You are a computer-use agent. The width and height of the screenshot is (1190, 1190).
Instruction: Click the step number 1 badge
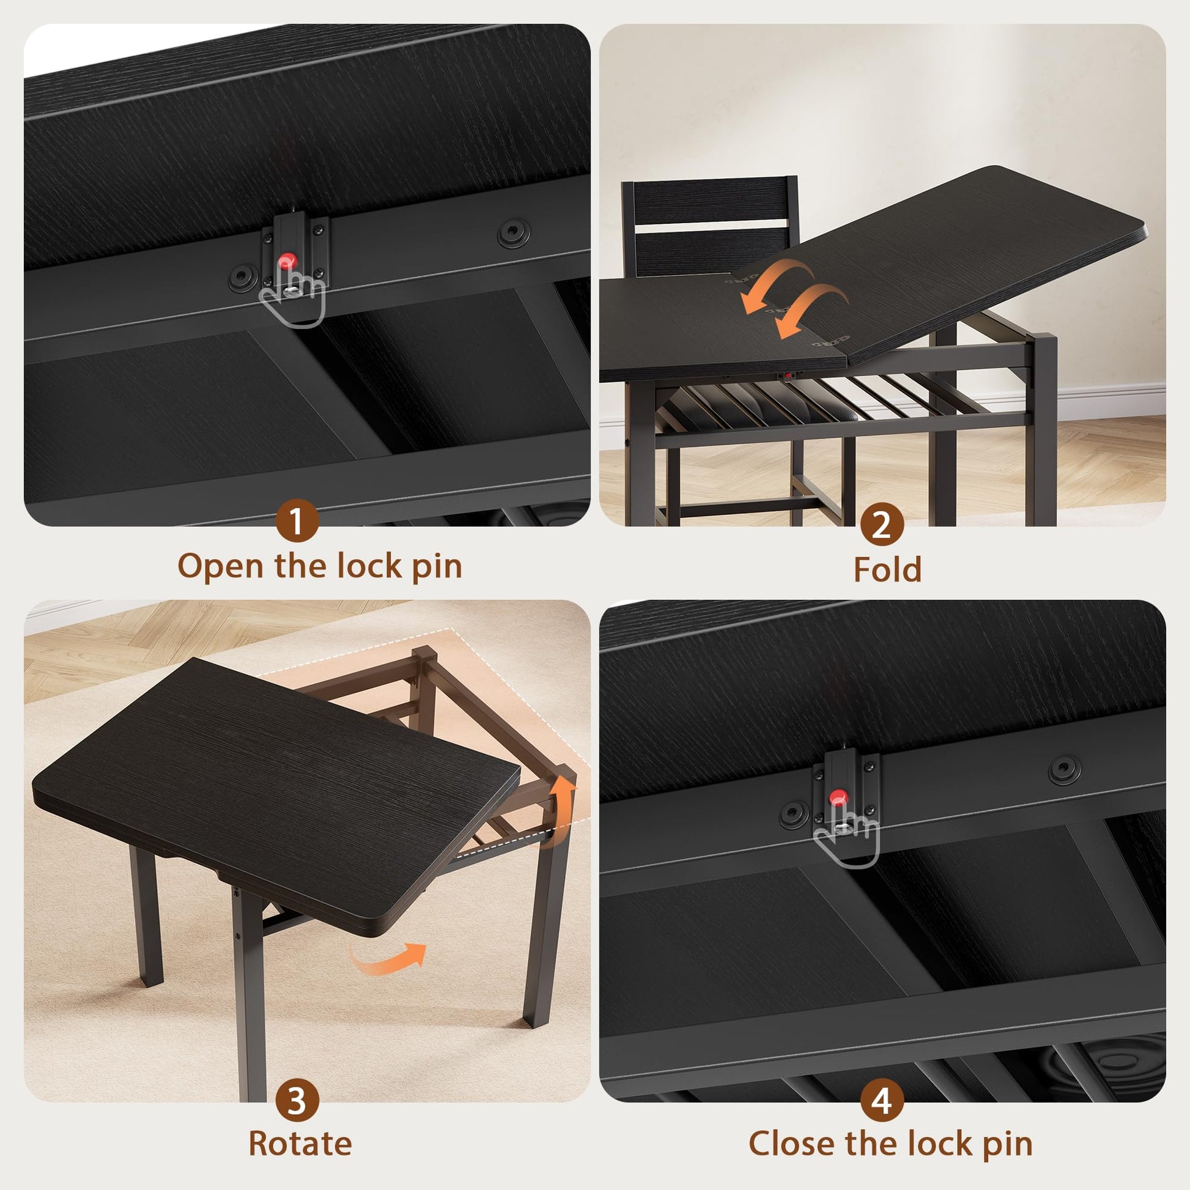[x=297, y=520]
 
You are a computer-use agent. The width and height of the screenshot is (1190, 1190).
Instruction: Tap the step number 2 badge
[x=882, y=524]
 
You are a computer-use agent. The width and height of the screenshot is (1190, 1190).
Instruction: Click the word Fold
[x=887, y=569]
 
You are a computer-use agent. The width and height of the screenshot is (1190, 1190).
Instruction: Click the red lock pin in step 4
[x=837, y=797]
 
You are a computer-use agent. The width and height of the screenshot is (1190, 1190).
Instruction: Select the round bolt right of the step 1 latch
[x=513, y=232]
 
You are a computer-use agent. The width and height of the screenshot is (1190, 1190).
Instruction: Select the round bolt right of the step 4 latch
[x=1065, y=769]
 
